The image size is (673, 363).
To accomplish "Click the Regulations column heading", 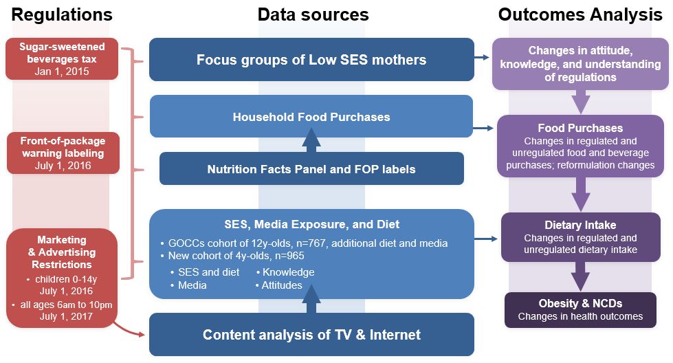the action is [x=62, y=14].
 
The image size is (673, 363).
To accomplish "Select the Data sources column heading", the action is [x=313, y=14].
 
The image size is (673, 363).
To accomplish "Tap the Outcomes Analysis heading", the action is [x=580, y=14].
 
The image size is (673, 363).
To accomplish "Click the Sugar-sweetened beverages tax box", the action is [x=62, y=59].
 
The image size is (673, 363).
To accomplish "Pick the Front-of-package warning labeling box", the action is [x=63, y=153].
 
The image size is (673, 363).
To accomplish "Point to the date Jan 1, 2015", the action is [x=62, y=71].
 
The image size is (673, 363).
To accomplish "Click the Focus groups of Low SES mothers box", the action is [x=311, y=60].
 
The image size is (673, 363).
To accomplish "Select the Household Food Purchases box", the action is [x=311, y=117].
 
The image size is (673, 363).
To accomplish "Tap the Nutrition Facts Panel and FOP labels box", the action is [x=311, y=169].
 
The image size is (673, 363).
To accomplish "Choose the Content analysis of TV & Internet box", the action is [x=311, y=335].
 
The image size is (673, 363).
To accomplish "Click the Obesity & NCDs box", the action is [x=580, y=310].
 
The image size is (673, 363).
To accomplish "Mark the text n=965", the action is [x=289, y=256].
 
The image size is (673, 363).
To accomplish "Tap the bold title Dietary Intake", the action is [x=580, y=225].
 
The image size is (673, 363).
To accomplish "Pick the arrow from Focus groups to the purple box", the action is [x=482, y=57].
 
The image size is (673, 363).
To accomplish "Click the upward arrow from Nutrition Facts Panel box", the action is [x=311, y=140].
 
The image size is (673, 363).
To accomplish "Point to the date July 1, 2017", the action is [x=66, y=317].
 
